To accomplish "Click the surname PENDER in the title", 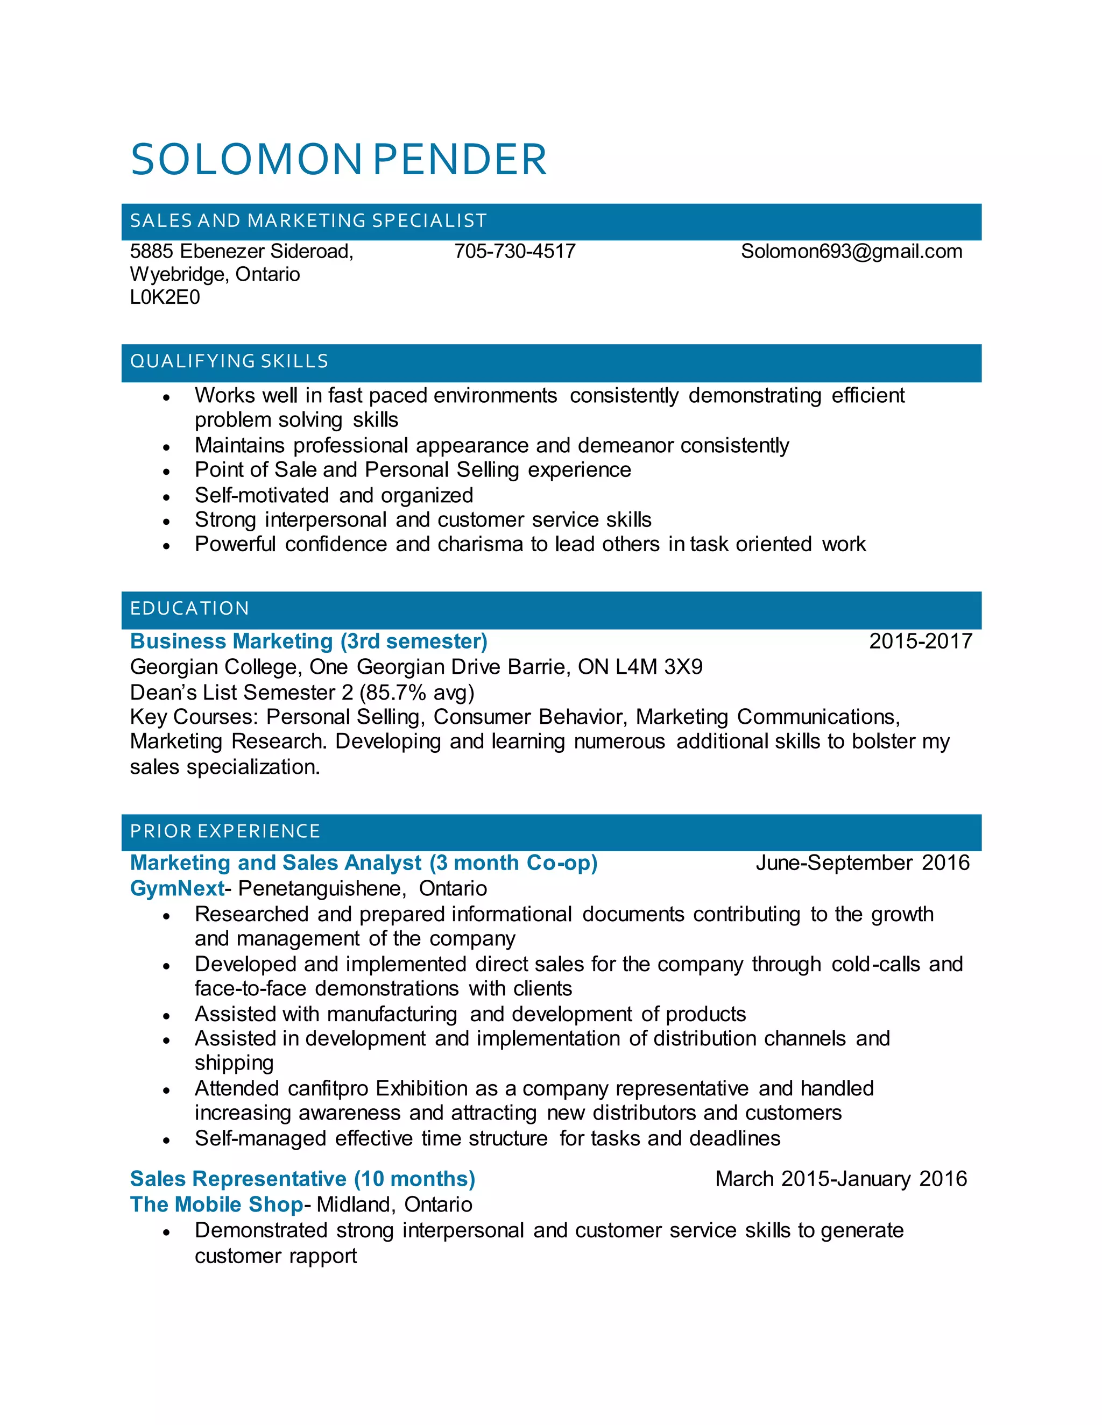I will click(460, 160).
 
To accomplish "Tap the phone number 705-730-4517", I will click(514, 251).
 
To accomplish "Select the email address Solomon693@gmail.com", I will click(851, 251).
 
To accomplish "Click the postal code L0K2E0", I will click(165, 297).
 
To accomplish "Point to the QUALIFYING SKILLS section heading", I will click(229, 361).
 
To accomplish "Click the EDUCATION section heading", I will click(189, 609).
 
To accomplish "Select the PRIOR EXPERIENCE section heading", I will click(225, 831).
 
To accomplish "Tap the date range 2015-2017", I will click(920, 642).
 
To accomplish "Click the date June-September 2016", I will click(862, 863).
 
